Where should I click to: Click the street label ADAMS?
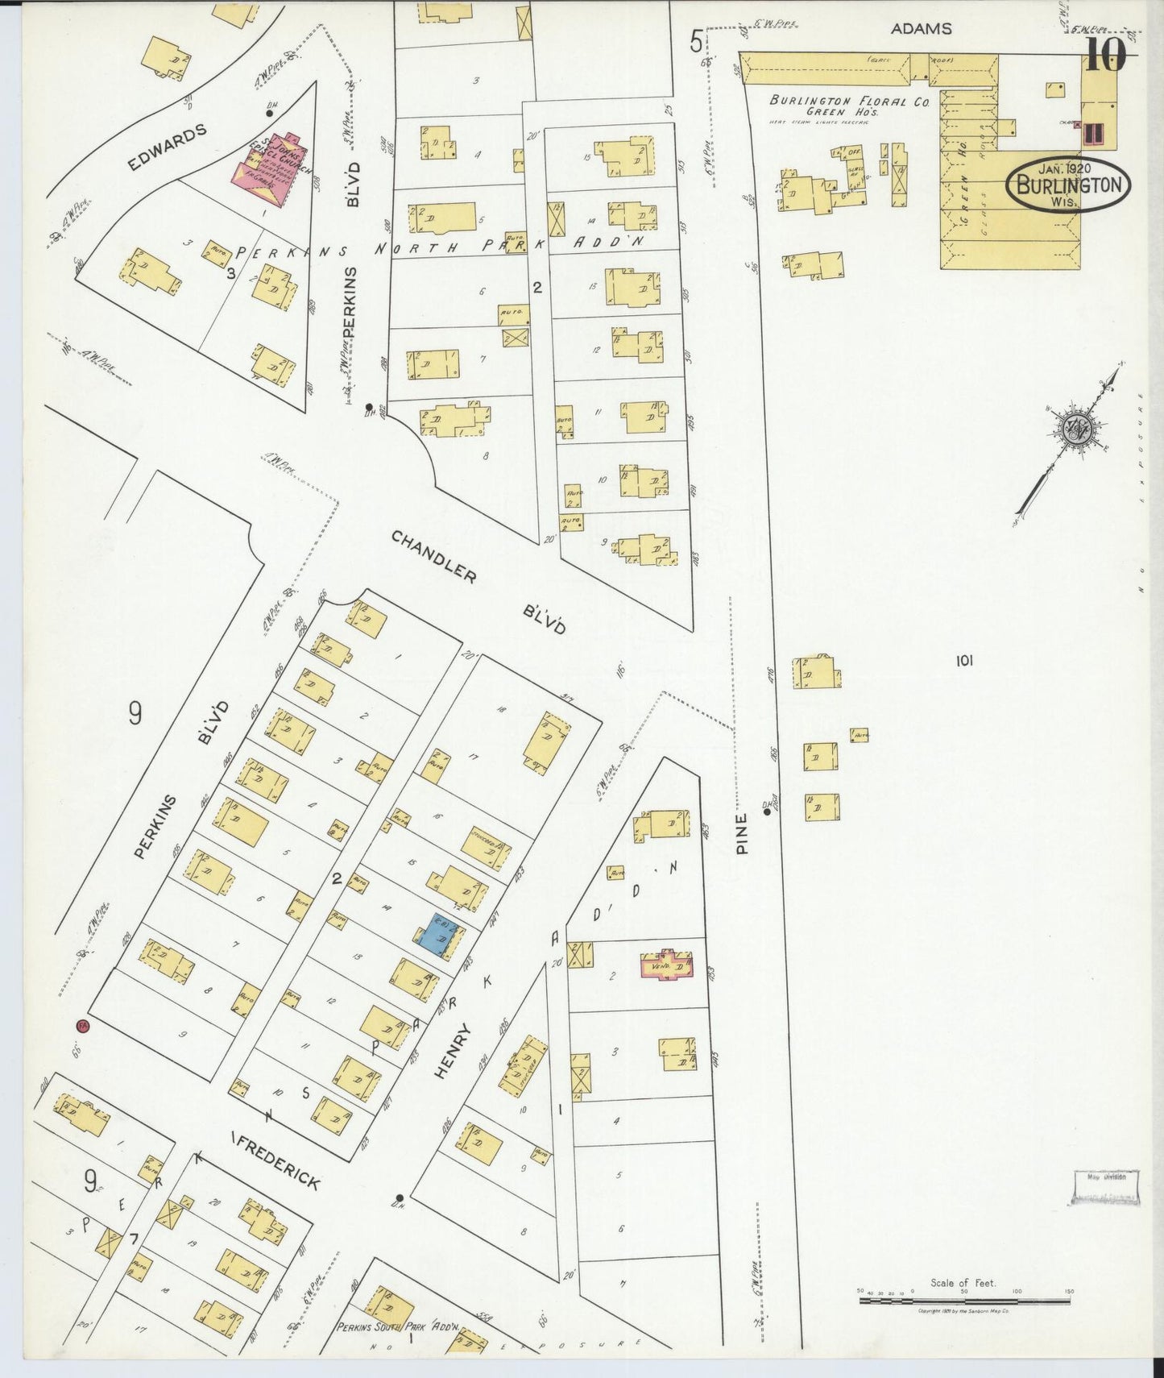coord(921,29)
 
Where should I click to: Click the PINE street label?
coord(742,832)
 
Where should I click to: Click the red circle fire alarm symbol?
coord(82,1026)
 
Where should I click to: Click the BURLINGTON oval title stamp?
coord(1068,185)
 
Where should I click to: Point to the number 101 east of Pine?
coord(963,661)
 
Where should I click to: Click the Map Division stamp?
coord(1106,1187)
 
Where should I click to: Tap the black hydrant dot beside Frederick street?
coord(400,1197)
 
